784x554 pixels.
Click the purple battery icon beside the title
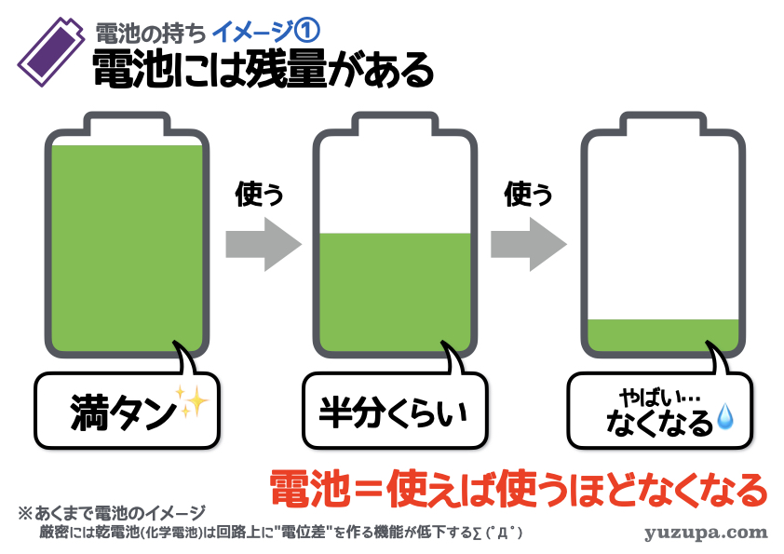click(x=50, y=51)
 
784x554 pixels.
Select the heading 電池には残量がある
click(x=263, y=70)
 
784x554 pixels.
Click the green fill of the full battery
click(x=127, y=249)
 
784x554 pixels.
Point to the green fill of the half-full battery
click(x=395, y=292)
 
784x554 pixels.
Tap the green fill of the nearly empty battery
click(x=663, y=335)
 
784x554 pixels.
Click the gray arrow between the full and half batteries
click(x=264, y=245)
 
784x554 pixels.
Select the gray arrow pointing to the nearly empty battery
click(x=529, y=245)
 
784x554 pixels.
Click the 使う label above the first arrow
click(x=259, y=194)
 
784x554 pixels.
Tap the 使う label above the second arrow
click(x=528, y=194)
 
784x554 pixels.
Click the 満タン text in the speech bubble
click(x=123, y=412)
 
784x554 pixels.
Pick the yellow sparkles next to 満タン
click(x=193, y=401)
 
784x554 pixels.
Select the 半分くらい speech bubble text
click(x=394, y=413)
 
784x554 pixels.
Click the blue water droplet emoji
click(x=725, y=417)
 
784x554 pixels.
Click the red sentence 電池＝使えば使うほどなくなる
click(x=519, y=489)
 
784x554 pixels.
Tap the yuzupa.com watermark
click(x=706, y=533)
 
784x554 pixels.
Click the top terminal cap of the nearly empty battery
click(x=663, y=123)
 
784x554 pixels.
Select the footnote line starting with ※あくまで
click(x=112, y=513)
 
